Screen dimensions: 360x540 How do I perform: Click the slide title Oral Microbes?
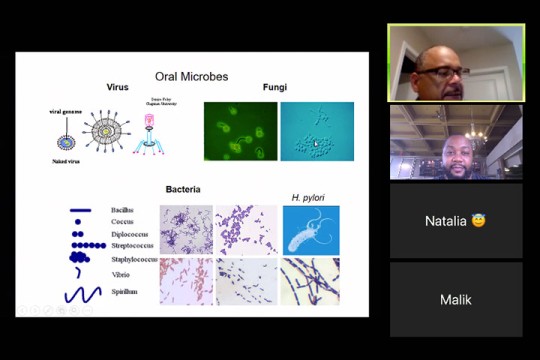click(x=191, y=76)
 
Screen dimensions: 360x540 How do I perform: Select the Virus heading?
click(x=118, y=88)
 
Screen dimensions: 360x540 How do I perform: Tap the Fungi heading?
click(x=275, y=88)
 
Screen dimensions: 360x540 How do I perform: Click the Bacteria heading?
click(x=183, y=189)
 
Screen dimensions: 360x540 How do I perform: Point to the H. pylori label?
click(x=309, y=198)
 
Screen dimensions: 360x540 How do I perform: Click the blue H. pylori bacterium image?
click(x=310, y=229)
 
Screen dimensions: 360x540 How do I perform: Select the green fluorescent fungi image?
click(x=240, y=131)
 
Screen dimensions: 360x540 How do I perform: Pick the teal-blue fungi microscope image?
click(x=317, y=131)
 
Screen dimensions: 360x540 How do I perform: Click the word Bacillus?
click(x=124, y=210)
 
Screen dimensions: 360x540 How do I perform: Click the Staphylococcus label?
click(x=134, y=259)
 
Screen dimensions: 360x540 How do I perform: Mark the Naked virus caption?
click(x=68, y=160)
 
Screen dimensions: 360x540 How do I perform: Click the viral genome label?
click(x=66, y=112)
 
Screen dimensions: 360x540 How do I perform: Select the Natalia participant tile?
click(x=455, y=221)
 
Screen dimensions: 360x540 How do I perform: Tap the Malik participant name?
click(x=455, y=299)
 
